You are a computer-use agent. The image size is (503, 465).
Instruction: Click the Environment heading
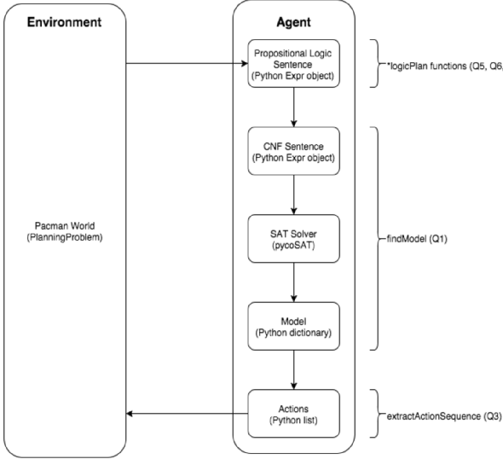click(x=64, y=22)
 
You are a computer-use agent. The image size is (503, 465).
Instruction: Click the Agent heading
click(x=293, y=22)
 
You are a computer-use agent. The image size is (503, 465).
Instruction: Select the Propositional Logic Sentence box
click(x=293, y=64)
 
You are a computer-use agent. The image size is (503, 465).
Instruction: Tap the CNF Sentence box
click(x=293, y=151)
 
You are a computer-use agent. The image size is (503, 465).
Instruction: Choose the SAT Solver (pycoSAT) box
click(x=293, y=239)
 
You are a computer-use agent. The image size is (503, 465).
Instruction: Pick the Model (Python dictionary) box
click(x=293, y=326)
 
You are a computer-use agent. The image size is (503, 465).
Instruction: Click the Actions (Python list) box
click(x=293, y=414)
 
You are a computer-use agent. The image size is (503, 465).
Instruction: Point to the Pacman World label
click(x=65, y=226)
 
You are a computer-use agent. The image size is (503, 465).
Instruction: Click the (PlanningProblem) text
click(x=65, y=238)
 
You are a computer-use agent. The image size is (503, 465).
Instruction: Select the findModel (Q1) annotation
click(x=417, y=239)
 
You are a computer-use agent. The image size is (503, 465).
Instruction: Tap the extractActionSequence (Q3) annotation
click(x=444, y=416)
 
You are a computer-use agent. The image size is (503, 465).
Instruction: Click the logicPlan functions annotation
click(x=444, y=67)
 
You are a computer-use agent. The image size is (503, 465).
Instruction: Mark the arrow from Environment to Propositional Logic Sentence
click(x=187, y=63)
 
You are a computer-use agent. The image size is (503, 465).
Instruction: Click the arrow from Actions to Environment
click(x=187, y=414)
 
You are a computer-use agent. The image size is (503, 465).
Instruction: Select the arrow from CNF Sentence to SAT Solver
click(x=293, y=195)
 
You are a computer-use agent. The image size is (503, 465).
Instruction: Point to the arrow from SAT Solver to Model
click(x=293, y=282)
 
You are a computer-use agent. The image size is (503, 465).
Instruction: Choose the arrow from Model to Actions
click(x=293, y=370)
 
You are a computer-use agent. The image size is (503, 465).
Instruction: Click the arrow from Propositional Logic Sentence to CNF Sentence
click(x=293, y=108)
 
